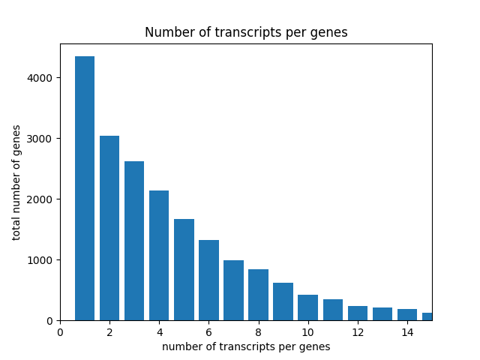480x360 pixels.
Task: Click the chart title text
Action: coord(246,33)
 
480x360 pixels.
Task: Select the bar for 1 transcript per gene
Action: coord(85,188)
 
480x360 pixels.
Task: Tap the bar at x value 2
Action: coord(109,228)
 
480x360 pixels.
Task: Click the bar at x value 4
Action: coord(159,255)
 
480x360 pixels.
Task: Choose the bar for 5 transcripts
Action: coord(184,269)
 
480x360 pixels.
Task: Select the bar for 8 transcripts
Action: coord(258,295)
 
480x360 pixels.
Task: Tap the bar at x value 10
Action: coord(307,307)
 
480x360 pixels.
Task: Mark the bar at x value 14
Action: coord(407,315)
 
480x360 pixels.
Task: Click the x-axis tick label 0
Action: coord(60,332)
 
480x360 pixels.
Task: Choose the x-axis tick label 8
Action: coord(258,332)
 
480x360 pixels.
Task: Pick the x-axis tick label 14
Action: coord(407,332)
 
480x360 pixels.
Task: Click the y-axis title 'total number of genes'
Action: coord(16,182)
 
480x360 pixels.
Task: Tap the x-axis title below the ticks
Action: coord(246,346)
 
